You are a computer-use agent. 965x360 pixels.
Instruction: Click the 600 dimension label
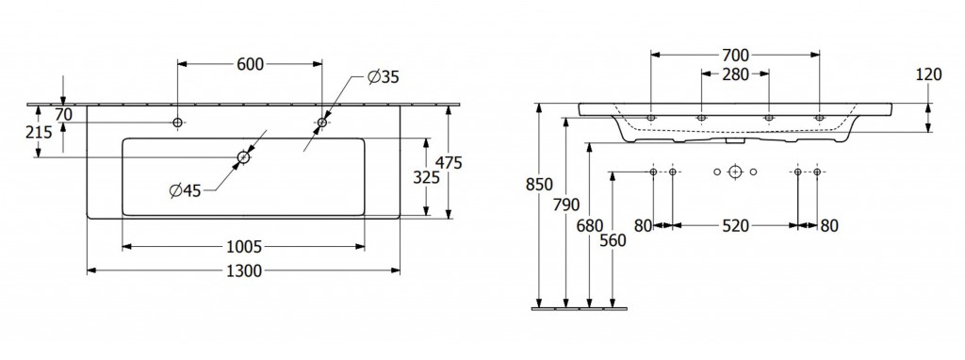click(x=250, y=64)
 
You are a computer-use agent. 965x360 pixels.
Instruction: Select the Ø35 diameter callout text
click(x=384, y=77)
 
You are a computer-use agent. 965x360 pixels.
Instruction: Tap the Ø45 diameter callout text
click(x=186, y=191)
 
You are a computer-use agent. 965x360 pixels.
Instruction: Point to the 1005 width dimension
click(x=245, y=247)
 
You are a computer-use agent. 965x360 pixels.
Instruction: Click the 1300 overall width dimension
click(x=244, y=270)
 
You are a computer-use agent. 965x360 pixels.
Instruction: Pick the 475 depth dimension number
click(x=449, y=162)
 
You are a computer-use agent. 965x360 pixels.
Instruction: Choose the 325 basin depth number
click(x=427, y=178)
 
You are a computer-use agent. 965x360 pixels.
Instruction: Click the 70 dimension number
click(x=63, y=114)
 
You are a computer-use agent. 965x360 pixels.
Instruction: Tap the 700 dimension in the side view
click(x=735, y=56)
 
